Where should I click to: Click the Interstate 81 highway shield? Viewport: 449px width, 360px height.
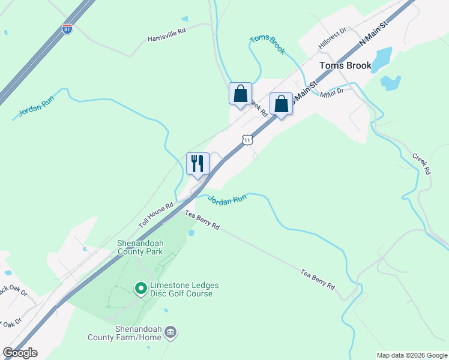point(67,29)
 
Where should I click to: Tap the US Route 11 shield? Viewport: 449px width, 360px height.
point(247,140)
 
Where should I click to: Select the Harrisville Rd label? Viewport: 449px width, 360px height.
point(167,38)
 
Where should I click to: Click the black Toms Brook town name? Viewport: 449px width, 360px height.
point(345,66)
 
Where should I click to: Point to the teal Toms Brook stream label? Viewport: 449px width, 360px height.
point(268,45)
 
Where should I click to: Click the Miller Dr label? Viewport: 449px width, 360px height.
point(331,92)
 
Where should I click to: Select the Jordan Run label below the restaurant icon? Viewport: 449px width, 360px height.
point(228,200)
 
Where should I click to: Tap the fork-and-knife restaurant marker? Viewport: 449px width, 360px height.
point(197,163)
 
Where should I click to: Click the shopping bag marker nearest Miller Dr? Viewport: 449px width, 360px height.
point(281,104)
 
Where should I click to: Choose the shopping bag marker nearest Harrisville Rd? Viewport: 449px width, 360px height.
point(240,94)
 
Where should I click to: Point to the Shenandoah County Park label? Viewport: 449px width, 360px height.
point(140,247)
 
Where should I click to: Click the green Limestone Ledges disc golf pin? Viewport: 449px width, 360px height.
point(141,289)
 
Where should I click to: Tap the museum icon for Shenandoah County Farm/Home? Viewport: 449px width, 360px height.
point(170,332)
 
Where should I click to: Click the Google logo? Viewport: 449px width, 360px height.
point(20,353)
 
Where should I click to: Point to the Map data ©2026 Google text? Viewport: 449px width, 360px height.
point(412,355)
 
